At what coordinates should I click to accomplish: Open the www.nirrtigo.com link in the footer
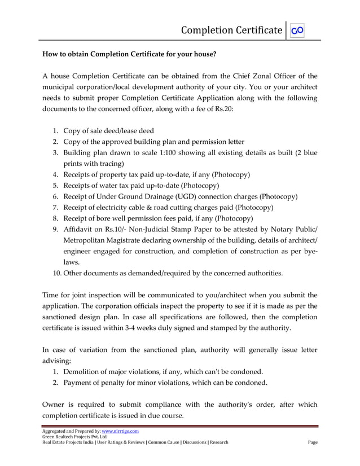tap(120, 432)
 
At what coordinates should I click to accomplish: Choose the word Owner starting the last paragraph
tap(55, 405)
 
